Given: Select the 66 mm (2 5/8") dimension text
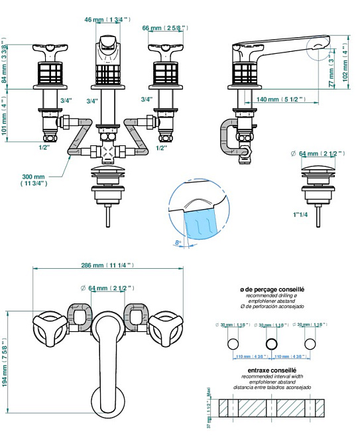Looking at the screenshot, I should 165,29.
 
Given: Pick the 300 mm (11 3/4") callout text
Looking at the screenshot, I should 34,180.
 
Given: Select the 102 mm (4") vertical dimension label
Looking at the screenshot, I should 346,61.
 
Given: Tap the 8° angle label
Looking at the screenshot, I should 178,243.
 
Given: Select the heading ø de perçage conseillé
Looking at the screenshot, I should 272,289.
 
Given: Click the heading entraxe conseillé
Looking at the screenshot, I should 272,368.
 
